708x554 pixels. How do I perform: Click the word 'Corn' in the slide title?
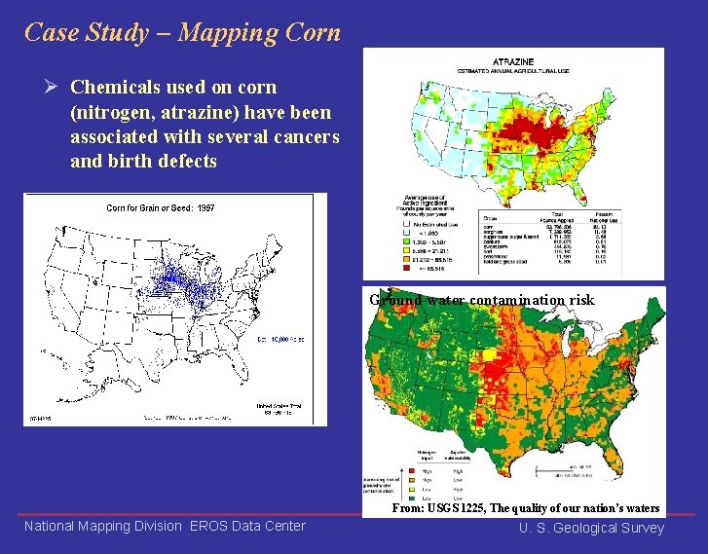311,32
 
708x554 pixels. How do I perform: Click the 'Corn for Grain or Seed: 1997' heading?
160,207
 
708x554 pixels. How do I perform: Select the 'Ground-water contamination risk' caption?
481,300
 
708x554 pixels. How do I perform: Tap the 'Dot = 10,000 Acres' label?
280,339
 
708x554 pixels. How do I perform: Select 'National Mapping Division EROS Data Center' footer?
165,527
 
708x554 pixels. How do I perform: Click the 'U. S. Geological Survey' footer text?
591,528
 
